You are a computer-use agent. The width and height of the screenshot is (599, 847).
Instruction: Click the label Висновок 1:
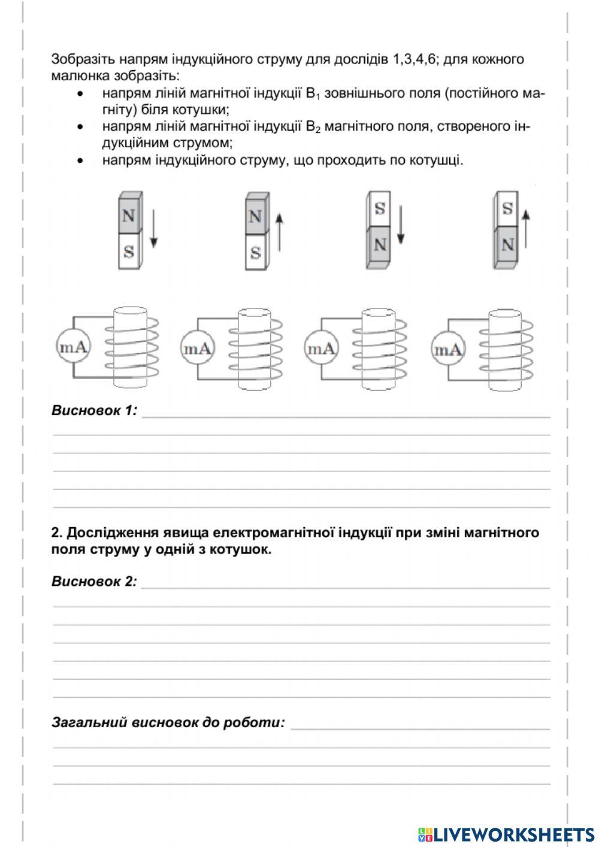coord(95,411)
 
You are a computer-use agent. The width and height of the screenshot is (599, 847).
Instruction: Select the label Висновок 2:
coord(95,581)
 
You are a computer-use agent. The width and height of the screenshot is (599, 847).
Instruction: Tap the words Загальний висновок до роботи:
coord(168,722)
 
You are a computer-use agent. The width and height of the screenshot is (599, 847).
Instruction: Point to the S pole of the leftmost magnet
coord(128,251)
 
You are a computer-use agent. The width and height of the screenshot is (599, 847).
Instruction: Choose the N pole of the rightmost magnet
coord(507,245)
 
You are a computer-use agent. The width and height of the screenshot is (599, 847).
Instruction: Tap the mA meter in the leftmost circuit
coord(74,347)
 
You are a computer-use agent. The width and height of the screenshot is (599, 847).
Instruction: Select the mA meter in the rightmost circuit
coord(448,349)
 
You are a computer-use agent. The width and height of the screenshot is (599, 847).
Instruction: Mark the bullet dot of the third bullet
coord(79,161)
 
